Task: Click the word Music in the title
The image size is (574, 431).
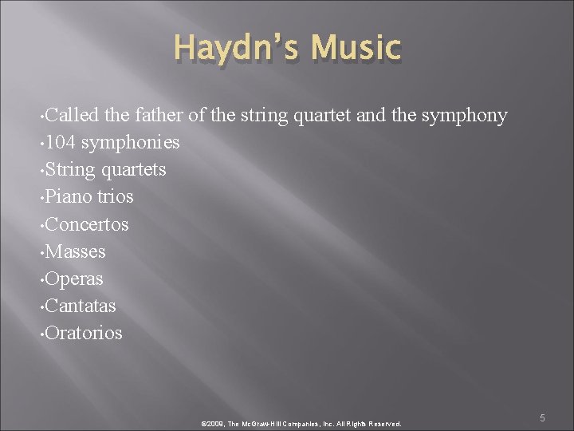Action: coord(356,48)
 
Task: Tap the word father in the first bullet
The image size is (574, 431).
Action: coord(158,116)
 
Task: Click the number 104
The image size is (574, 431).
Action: coord(60,143)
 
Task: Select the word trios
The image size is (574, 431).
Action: coord(115,197)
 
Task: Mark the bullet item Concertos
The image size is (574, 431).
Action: coord(87,224)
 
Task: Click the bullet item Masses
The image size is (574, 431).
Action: coord(76,251)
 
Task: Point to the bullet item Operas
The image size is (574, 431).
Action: coord(74,279)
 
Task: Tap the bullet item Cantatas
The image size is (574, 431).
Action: coord(81,306)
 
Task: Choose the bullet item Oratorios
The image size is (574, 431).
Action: coord(84,333)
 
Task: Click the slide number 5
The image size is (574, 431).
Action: coord(541,417)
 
